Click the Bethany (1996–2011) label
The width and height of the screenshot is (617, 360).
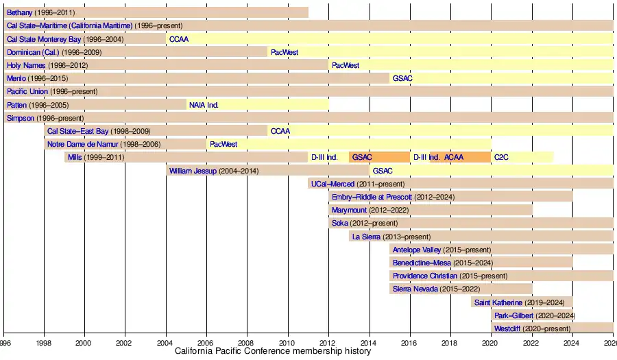pyautogui.click(x=40, y=12)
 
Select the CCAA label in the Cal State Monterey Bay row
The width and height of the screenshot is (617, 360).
pyautogui.click(x=179, y=39)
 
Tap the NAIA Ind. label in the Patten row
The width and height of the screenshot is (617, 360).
pyautogui.click(x=204, y=105)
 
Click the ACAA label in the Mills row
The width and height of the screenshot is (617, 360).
pyautogui.click(x=454, y=157)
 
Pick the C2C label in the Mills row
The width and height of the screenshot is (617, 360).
pyautogui.click(x=502, y=157)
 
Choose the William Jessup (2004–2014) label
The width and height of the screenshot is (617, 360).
pyautogui.click(x=213, y=171)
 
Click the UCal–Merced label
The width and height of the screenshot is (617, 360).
pyautogui.click(x=357, y=184)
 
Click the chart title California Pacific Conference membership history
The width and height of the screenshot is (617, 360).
pyautogui.click(x=273, y=351)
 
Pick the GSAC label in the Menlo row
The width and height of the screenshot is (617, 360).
pyautogui.click(x=402, y=78)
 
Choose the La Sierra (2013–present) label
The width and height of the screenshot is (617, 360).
pyautogui.click(x=391, y=237)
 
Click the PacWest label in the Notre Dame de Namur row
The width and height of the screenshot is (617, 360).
pyautogui.click(x=223, y=144)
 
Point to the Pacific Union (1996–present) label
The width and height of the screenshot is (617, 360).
pyautogui.click(x=52, y=91)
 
